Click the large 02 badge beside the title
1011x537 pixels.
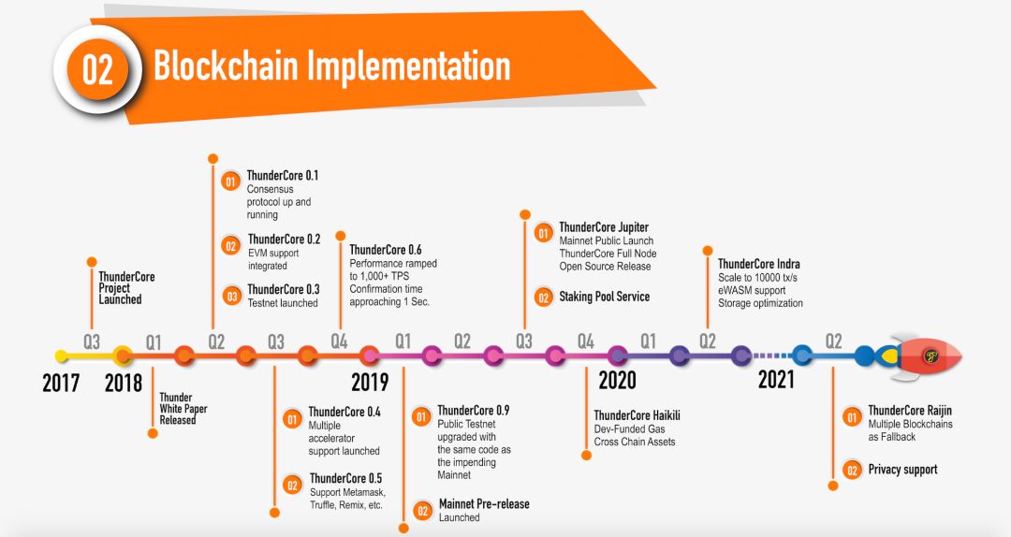click(x=98, y=69)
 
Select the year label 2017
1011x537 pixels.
click(x=61, y=383)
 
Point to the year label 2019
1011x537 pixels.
click(x=370, y=383)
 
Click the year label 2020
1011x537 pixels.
click(x=617, y=381)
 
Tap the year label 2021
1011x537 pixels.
click(x=776, y=380)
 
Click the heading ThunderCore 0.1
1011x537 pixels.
click(x=283, y=175)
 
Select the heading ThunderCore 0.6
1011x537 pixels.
click(x=386, y=250)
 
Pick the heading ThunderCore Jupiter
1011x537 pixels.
click(x=604, y=227)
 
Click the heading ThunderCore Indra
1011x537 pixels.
click(x=759, y=264)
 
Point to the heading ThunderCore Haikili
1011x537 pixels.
click(x=637, y=415)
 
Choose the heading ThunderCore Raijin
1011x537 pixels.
click(x=910, y=410)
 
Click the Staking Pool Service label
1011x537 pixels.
click(x=604, y=297)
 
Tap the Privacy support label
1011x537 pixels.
click(x=902, y=470)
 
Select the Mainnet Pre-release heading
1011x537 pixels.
click(x=484, y=503)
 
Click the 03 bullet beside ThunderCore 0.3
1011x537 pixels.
click(x=231, y=297)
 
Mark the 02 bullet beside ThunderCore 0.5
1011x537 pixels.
click(x=293, y=485)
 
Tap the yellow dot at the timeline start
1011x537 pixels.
click(x=62, y=356)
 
